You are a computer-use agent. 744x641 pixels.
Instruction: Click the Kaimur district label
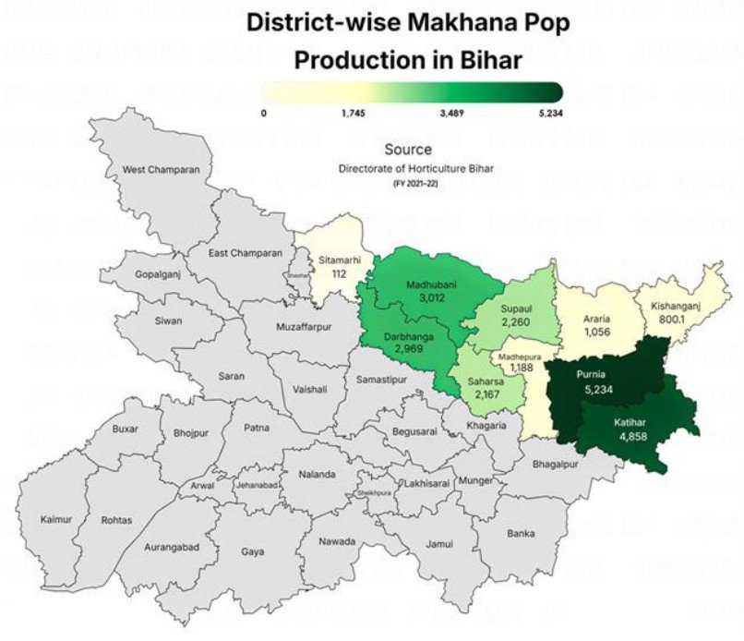[56, 520]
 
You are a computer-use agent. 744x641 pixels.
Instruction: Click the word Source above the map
[408, 149]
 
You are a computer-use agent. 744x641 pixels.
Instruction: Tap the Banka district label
[521, 532]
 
